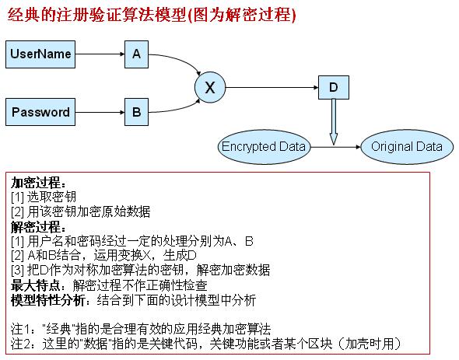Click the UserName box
pyautogui.click(x=40, y=54)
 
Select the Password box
pyautogui.click(x=40, y=112)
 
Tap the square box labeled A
pyautogui.click(x=136, y=54)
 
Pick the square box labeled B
pyautogui.click(x=136, y=112)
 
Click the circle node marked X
pyautogui.click(x=210, y=87)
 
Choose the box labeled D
pyautogui.click(x=334, y=87)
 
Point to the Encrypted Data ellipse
pyautogui.click(x=264, y=147)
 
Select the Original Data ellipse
pyautogui.click(x=407, y=147)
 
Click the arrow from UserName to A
pyautogui.click(x=100, y=54)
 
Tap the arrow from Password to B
pyautogui.click(x=100, y=112)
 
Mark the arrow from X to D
pyautogui.click(x=272, y=87)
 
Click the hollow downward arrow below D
pyautogui.click(x=334, y=122)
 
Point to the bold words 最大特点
pyautogui.click(x=36, y=285)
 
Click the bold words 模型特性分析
pyautogui.click(x=48, y=299)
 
